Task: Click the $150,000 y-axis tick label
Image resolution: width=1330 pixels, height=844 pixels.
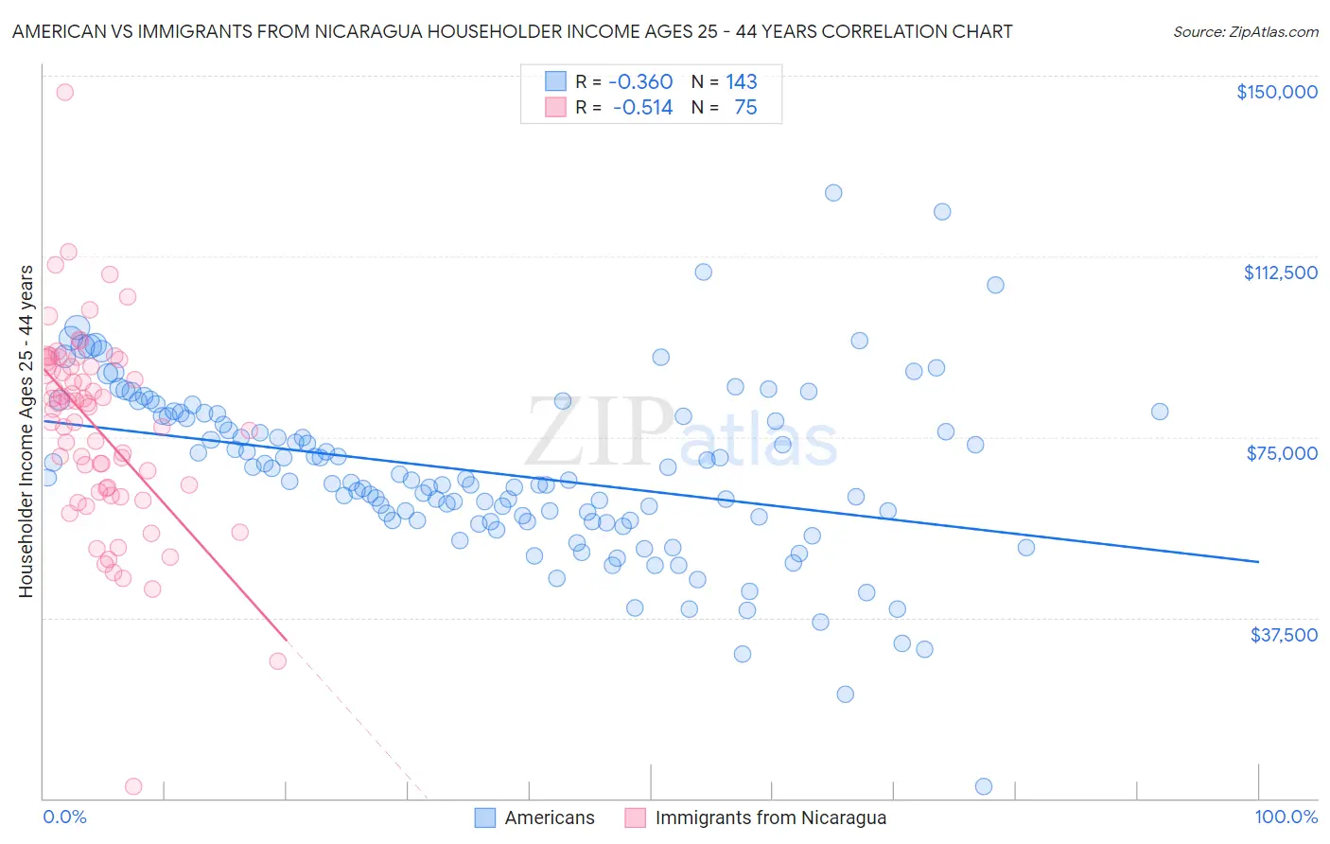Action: tap(1276, 92)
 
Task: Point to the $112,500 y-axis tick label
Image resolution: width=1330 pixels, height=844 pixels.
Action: tap(1280, 273)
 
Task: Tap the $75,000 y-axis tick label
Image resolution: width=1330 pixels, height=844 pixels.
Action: tap(1282, 453)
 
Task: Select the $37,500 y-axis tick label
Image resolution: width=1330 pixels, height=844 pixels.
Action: tap(1284, 635)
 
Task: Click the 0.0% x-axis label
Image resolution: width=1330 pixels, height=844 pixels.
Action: tap(64, 818)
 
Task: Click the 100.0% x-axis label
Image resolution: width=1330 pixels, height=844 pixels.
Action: tap(1286, 818)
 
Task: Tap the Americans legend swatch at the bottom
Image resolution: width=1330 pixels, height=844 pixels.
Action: tap(485, 818)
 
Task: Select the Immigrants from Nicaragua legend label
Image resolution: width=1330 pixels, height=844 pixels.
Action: tap(770, 818)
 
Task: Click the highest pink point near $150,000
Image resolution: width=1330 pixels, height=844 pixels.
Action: tap(64, 92)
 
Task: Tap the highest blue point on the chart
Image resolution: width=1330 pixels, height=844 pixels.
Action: tap(833, 192)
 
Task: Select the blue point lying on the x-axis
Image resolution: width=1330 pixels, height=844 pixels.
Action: tap(983, 786)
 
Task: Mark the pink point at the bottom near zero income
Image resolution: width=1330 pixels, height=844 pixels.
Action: tap(133, 786)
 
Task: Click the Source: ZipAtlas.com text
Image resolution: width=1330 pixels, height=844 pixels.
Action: tap(1245, 32)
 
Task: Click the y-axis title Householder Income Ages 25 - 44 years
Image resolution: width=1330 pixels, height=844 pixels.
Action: tap(26, 431)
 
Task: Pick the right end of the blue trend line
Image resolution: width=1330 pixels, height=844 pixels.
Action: tap(1258, 562)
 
